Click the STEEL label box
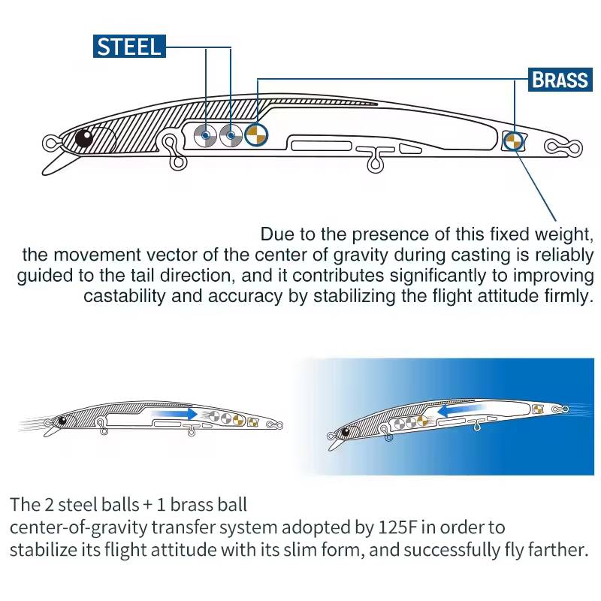click(x=129, y=47)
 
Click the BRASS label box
click(x=560, y=80)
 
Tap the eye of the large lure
click(x=84, y=138)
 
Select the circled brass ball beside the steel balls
click(x=256, y=135)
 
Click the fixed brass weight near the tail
click(x=513, y=140)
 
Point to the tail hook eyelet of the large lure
click(x=563, y=147)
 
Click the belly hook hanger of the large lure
click(x=375, y=160)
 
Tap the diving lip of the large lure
click(x=58, y=164)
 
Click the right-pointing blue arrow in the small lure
click(x=174, y=414)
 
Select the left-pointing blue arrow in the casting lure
click(x=461, y=410)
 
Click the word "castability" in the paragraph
click(x=123, y=296)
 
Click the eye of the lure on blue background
click(x=346, y=433)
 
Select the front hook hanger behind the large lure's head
click(x=174, y=152)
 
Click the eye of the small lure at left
click(x=62, y=421)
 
